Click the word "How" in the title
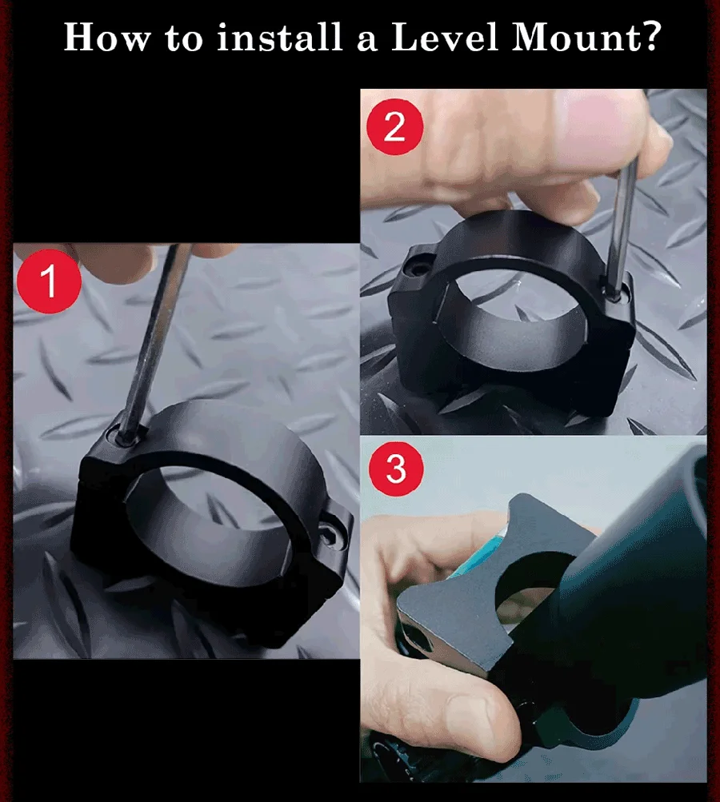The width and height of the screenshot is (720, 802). (x=107, y=37)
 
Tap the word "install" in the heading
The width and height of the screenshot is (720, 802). (x=279, y=37)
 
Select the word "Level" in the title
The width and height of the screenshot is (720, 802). (x=444, y=37)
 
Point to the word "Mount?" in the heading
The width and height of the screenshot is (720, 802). (x=586, y=37)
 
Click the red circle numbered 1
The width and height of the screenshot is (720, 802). (x=49, y=281)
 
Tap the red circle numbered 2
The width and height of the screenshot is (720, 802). (x=395, y=126)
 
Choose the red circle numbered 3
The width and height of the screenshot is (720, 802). (x=396, y=468)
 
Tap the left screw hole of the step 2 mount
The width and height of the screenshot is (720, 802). (x=418, y=267)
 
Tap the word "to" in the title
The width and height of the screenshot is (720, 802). (x=184, y=38)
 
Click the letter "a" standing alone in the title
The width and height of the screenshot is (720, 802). (x=367, y=41)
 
